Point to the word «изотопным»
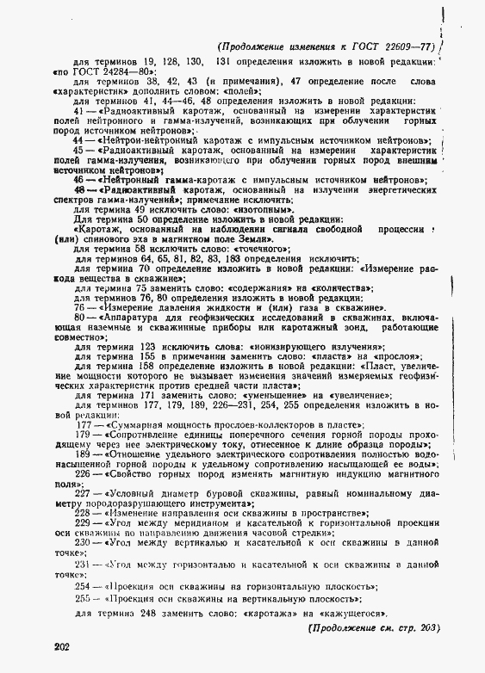pyautogui.click(x=263, y=208)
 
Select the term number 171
pyautogui.click(x=147, y=396)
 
